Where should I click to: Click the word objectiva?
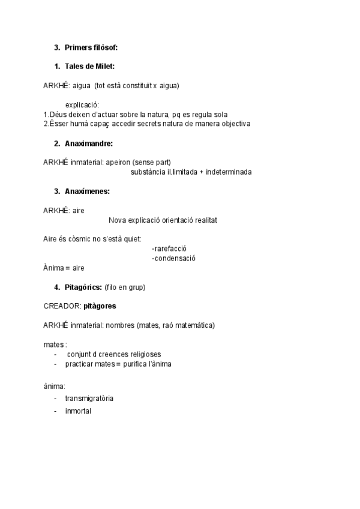point(235,124)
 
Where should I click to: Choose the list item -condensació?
point(174,258)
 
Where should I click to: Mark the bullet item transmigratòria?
point(89,398)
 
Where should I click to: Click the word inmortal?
point(78,411)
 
